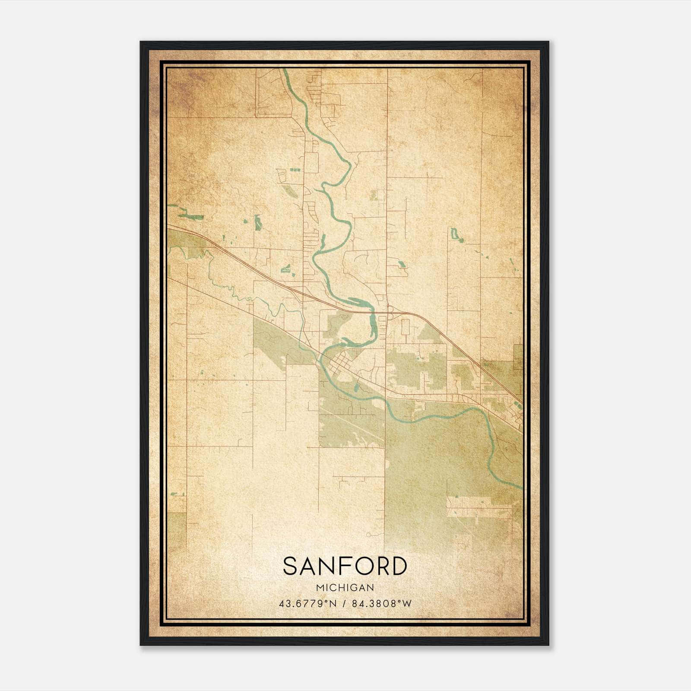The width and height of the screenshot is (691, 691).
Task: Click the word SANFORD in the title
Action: [x=345, y=566]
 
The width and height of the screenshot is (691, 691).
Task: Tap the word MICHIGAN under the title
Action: [x=345, y=588]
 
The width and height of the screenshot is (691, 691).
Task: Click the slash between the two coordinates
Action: [x=344, y=604]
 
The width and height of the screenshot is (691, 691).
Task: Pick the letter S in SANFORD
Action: [x=291, y=566]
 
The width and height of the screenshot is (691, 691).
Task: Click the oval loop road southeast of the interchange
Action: [x=405, y=327]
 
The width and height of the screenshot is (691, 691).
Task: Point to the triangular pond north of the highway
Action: [x=286, y=269]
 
